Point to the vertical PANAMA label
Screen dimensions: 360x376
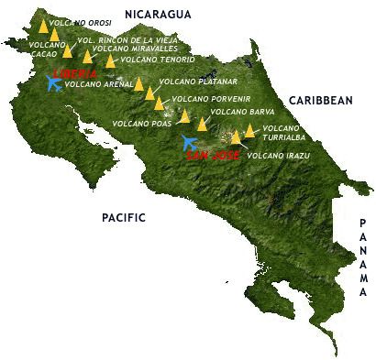click(x=363, y=258)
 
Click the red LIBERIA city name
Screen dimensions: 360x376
click(x=74, y=73)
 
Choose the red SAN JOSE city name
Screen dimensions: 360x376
click(x=213, y=156)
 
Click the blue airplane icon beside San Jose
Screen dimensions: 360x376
click(x=190, y=143)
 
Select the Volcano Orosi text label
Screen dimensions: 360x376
click(x=80, y=21)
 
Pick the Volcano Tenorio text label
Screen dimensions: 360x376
click(x=157, y=60)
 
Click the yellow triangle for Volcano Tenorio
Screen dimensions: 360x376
click(x=111, y=61)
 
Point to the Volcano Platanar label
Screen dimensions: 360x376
click(x=191, y=82)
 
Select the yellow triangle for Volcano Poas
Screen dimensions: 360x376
click(x=185, y=116)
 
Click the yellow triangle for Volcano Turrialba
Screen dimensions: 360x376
click(x=249, y=131)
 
